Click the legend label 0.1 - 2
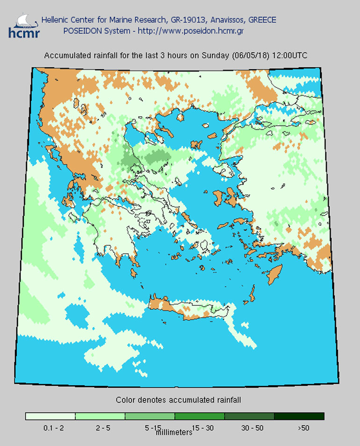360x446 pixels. [x=50, y=427]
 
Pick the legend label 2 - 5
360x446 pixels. [x=100, y=427]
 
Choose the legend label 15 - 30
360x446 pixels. [x=199, y=427]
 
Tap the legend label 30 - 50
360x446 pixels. [x=249, y=427]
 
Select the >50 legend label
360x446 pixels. [x=302, y=427]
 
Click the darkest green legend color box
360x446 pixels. [x=299, y=416]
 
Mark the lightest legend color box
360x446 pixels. [x=50, y=416]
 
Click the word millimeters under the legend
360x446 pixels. [x=173, y=432]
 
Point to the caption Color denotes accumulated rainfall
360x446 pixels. [x=178, y=400]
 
